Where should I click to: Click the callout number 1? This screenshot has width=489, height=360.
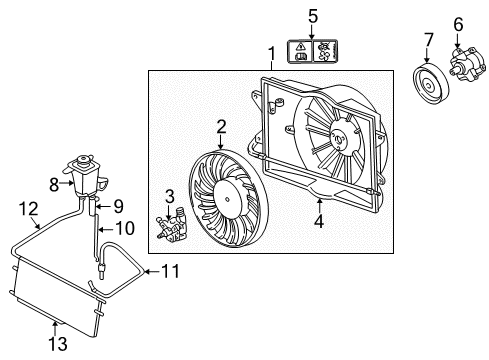pyautogui.click(x=272, y=53)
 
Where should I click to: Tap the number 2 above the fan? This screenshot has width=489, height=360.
pyautogui.click(x=221, y=127)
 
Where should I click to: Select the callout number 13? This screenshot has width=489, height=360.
pyautogui.click(x=58, y=344)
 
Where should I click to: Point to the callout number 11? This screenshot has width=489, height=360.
pyautogui.click(x=170, y=271)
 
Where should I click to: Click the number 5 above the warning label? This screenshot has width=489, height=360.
pyautogui.click(x=313, y=17)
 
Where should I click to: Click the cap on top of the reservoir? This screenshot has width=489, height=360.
pyautogui.click(x=83, y=160)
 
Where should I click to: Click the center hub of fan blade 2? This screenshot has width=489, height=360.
pyautogui.click(x=228, y=200)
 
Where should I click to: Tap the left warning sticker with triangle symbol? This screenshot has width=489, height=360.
pyautogui.click(x=300, y=51)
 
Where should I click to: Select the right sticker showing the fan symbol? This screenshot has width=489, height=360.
pyautogui.click(x=325, y=51)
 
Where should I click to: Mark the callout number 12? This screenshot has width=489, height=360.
pyautogui.click(x=28, y=209)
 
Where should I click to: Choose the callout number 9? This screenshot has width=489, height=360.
pyautogui.click(x=118, y=206)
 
